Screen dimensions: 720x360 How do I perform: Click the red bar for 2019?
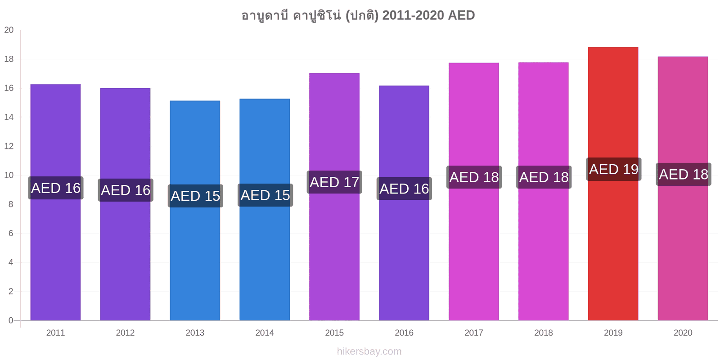coord(613,184)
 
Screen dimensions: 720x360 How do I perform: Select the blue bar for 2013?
coord(195,211)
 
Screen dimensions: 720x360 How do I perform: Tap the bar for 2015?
coord(334,197)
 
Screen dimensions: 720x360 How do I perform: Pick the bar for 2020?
coord(683,189)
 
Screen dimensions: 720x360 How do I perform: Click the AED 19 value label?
coord(614,169)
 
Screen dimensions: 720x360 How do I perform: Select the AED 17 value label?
coord(334,182)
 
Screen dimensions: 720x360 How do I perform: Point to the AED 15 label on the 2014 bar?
coord(265,195)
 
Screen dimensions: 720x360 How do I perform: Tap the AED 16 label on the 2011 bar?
coord(56,188)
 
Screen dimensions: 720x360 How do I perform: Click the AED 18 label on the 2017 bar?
coord(474,177)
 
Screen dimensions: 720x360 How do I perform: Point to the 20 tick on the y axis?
coord(9,30)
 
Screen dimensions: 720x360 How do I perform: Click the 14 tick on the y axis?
coord(9,117)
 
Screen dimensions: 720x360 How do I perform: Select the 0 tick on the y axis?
coord(11,320)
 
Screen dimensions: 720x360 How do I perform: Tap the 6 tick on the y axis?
coord(11,233)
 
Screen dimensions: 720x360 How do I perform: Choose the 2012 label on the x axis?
coord(125,333)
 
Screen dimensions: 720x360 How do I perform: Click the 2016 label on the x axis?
coord(404,333)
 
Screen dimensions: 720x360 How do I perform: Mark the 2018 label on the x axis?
coord(544,333)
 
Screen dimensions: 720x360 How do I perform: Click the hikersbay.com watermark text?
coord(369,351)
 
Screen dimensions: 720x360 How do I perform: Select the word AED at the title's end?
coord(461,15)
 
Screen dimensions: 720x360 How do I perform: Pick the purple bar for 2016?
coord(404,203)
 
